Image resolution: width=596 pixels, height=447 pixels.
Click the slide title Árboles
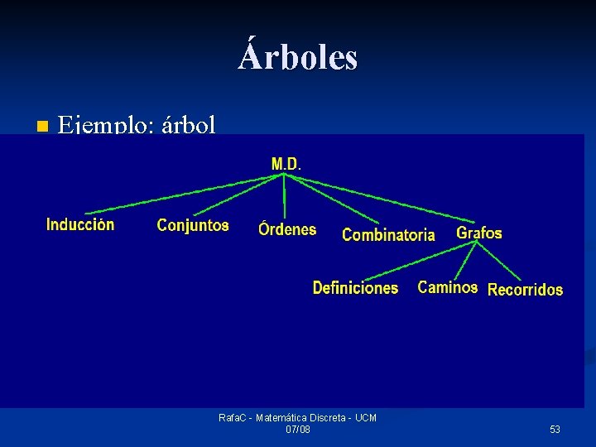[x=298, y=57]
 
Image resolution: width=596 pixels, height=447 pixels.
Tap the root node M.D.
[x=286, y=164]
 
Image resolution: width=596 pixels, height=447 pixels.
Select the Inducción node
[x=80, y=224]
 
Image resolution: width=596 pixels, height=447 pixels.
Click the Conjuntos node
[x=193, y=225]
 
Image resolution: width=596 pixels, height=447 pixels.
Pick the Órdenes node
[x=287, y=229]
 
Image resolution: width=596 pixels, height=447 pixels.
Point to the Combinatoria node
[x=388, y=235]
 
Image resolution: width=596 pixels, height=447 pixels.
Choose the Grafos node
[x=479, y=233]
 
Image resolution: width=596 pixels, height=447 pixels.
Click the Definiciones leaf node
[x=355, y=288]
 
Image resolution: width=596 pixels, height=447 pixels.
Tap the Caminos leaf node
[x=447, y=287]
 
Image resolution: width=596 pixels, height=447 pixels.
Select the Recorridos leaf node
[x=525, y=290]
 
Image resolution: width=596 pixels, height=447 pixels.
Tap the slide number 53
[x=555, y=430]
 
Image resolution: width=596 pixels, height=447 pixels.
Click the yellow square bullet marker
[x=41, y=127]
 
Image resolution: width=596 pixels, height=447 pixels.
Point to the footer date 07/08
[x=298, y=430]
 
